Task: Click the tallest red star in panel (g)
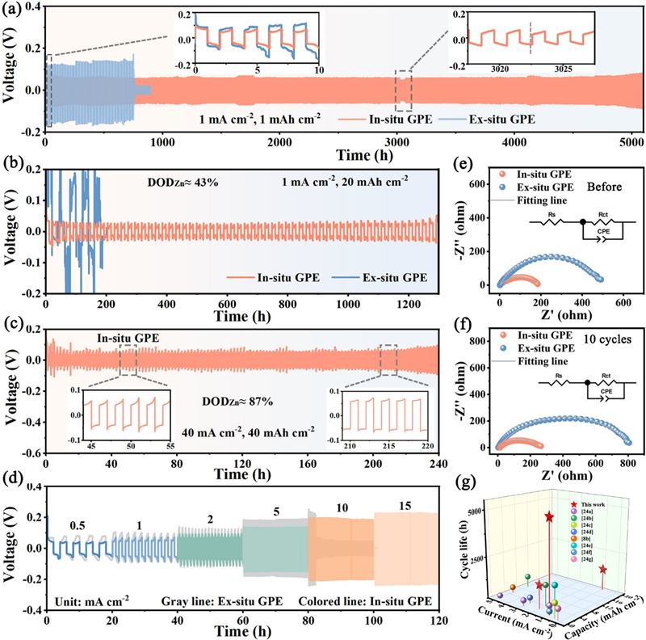point(550,516)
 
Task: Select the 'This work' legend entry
point(581,502)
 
